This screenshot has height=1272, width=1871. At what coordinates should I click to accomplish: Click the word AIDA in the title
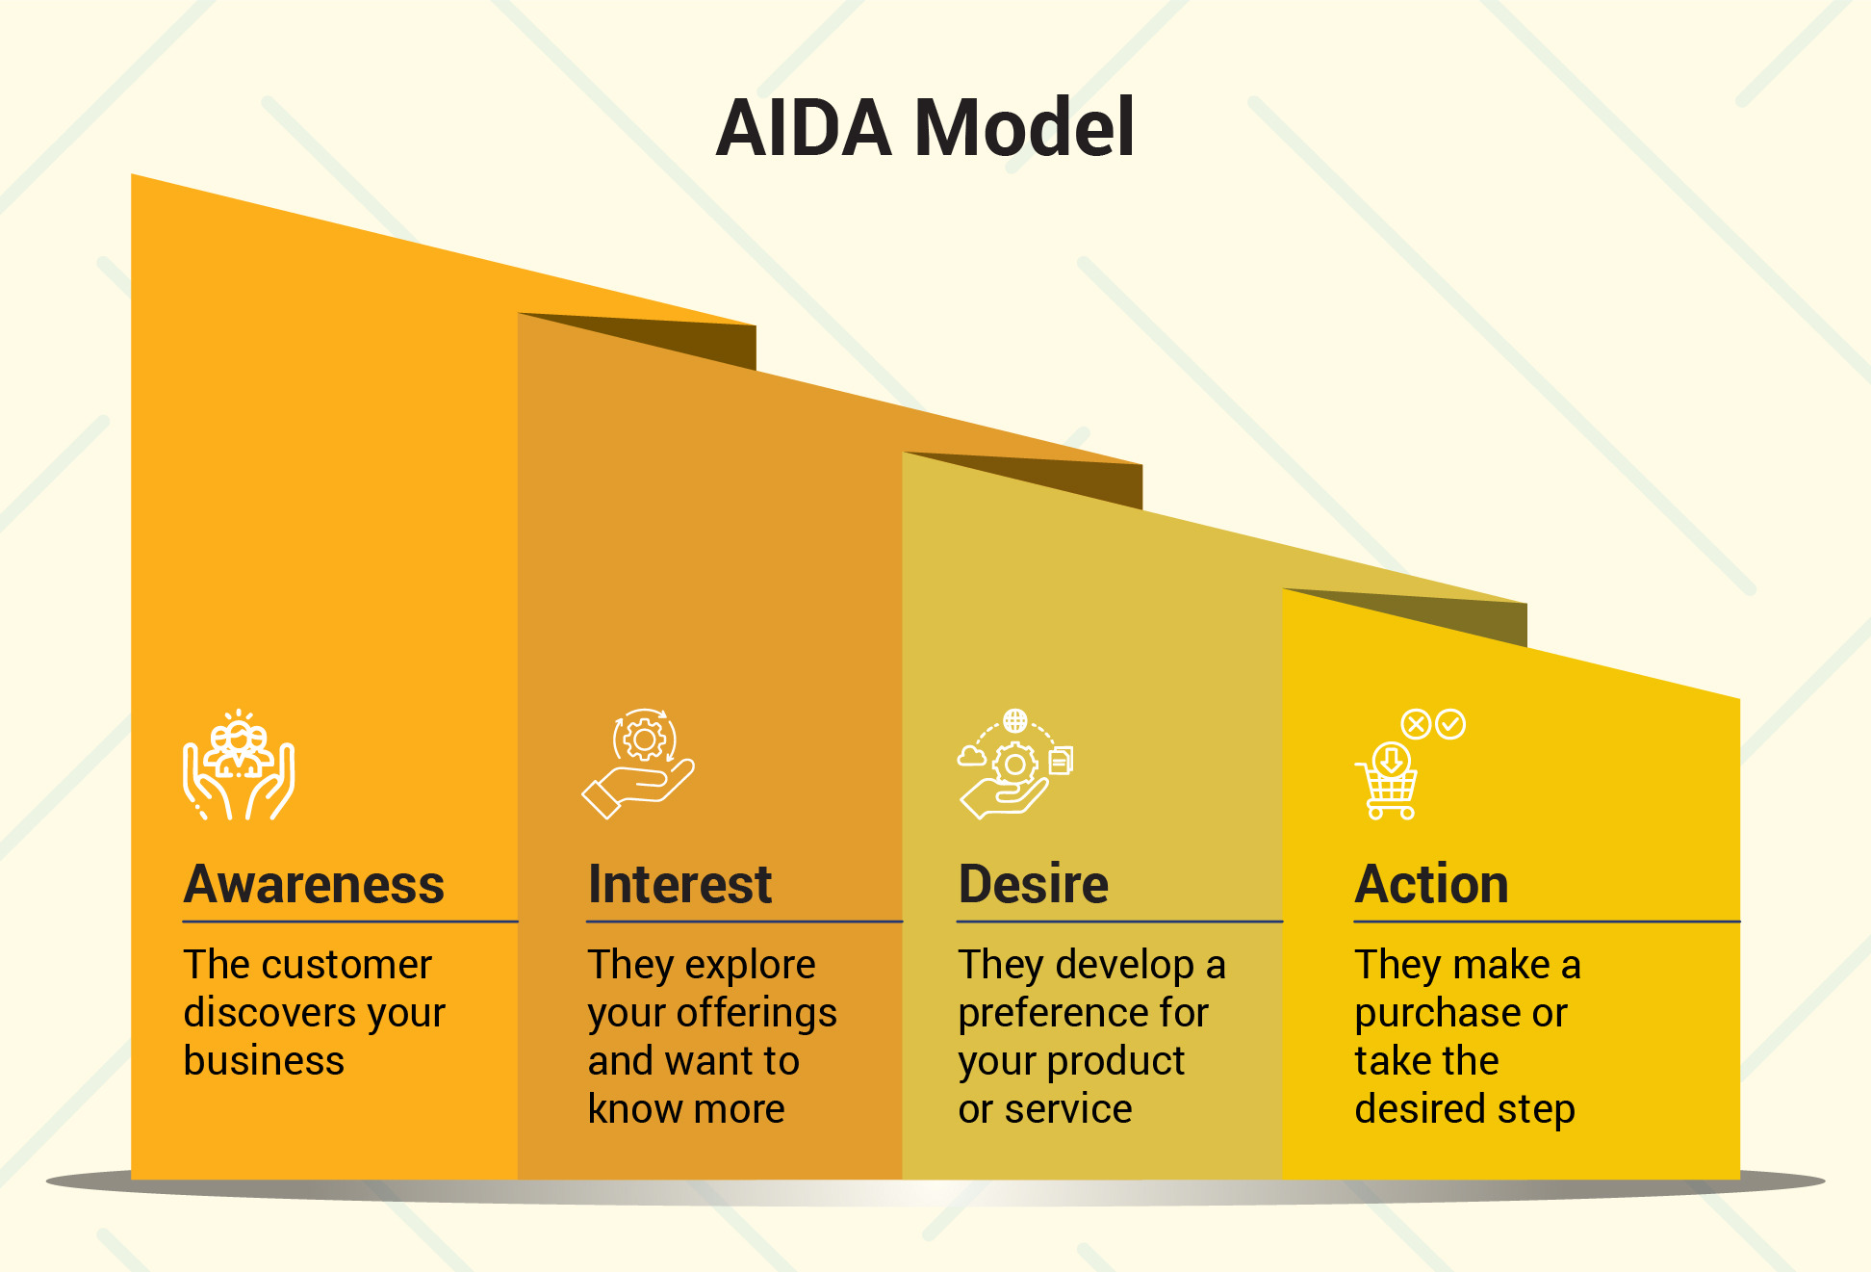point(805,127)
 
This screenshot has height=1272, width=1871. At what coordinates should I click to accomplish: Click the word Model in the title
point(1024,127)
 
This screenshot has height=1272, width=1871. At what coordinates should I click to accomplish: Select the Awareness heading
point(314,884)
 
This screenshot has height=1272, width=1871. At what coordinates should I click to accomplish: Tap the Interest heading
point(679,884)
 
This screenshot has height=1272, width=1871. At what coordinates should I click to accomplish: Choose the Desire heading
point(1034,884)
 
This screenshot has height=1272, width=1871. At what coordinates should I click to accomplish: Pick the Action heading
point(1431,884)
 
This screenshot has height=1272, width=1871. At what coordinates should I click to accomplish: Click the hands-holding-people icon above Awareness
point(239,766)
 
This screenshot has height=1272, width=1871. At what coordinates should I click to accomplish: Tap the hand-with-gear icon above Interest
point(638,764)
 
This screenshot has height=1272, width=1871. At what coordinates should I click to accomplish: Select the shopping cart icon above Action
point(1387,781)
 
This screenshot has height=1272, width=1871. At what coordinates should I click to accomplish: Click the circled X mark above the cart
point(1416,724)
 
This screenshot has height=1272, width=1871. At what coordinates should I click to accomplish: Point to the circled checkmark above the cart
point(1450,724)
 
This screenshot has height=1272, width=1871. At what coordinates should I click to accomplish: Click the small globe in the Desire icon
point(1014,720)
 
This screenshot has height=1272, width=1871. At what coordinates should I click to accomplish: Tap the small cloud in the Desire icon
point(971,756)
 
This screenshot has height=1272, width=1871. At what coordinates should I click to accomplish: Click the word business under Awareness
point(264,1060)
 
